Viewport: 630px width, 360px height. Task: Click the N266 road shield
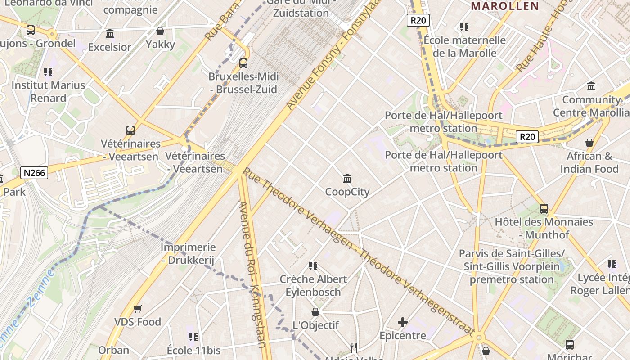tap(34, 172)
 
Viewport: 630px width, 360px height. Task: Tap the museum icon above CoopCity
tap(347, 179)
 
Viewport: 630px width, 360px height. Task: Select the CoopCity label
tap(347, 192)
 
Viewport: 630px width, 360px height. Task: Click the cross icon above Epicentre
tap(403, 322)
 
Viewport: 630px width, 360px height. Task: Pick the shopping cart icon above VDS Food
tap(138, 309)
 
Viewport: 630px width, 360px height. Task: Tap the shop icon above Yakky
tap(160, 31)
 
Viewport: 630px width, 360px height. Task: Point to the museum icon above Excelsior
tap(110, 34)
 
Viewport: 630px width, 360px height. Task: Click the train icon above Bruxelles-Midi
tap(243, 63)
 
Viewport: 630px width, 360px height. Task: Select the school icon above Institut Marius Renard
tap(48, 72)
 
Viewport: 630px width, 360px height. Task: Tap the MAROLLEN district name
tap(505, 6)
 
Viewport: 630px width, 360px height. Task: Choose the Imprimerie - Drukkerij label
tap(188, 254)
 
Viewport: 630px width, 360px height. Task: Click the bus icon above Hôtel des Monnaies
tap(544, 209)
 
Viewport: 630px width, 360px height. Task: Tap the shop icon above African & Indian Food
tap(589, 143)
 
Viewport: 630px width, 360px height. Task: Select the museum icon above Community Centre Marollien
tap(591, 86)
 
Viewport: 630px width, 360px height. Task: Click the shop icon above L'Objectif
tap(315, 312)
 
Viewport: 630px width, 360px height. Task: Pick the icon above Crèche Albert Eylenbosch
tap(313, 266)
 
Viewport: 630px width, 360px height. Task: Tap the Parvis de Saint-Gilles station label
tap(512, 266)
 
